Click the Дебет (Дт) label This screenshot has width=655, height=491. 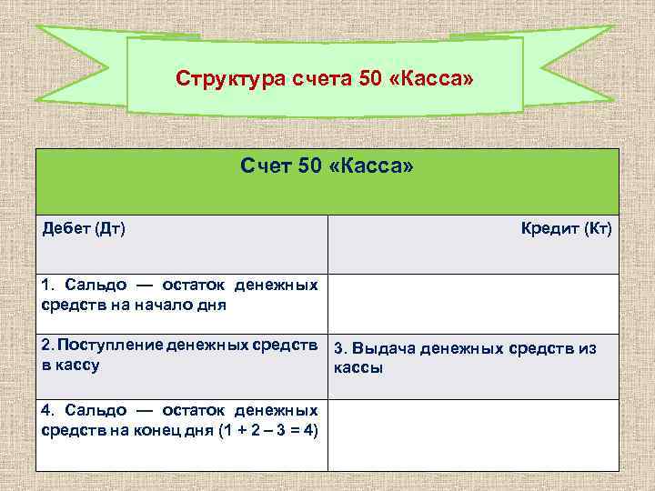tap(85, 226)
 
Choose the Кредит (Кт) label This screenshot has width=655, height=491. tap(566, 226)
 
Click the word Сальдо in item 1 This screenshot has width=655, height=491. tap(92, 286)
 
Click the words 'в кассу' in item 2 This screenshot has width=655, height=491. tap(71, 365)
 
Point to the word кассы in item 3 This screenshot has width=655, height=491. tap(358, 368)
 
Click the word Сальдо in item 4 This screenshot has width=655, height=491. tap(92, 410)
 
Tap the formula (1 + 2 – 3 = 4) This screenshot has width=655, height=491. tap(268, 429)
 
